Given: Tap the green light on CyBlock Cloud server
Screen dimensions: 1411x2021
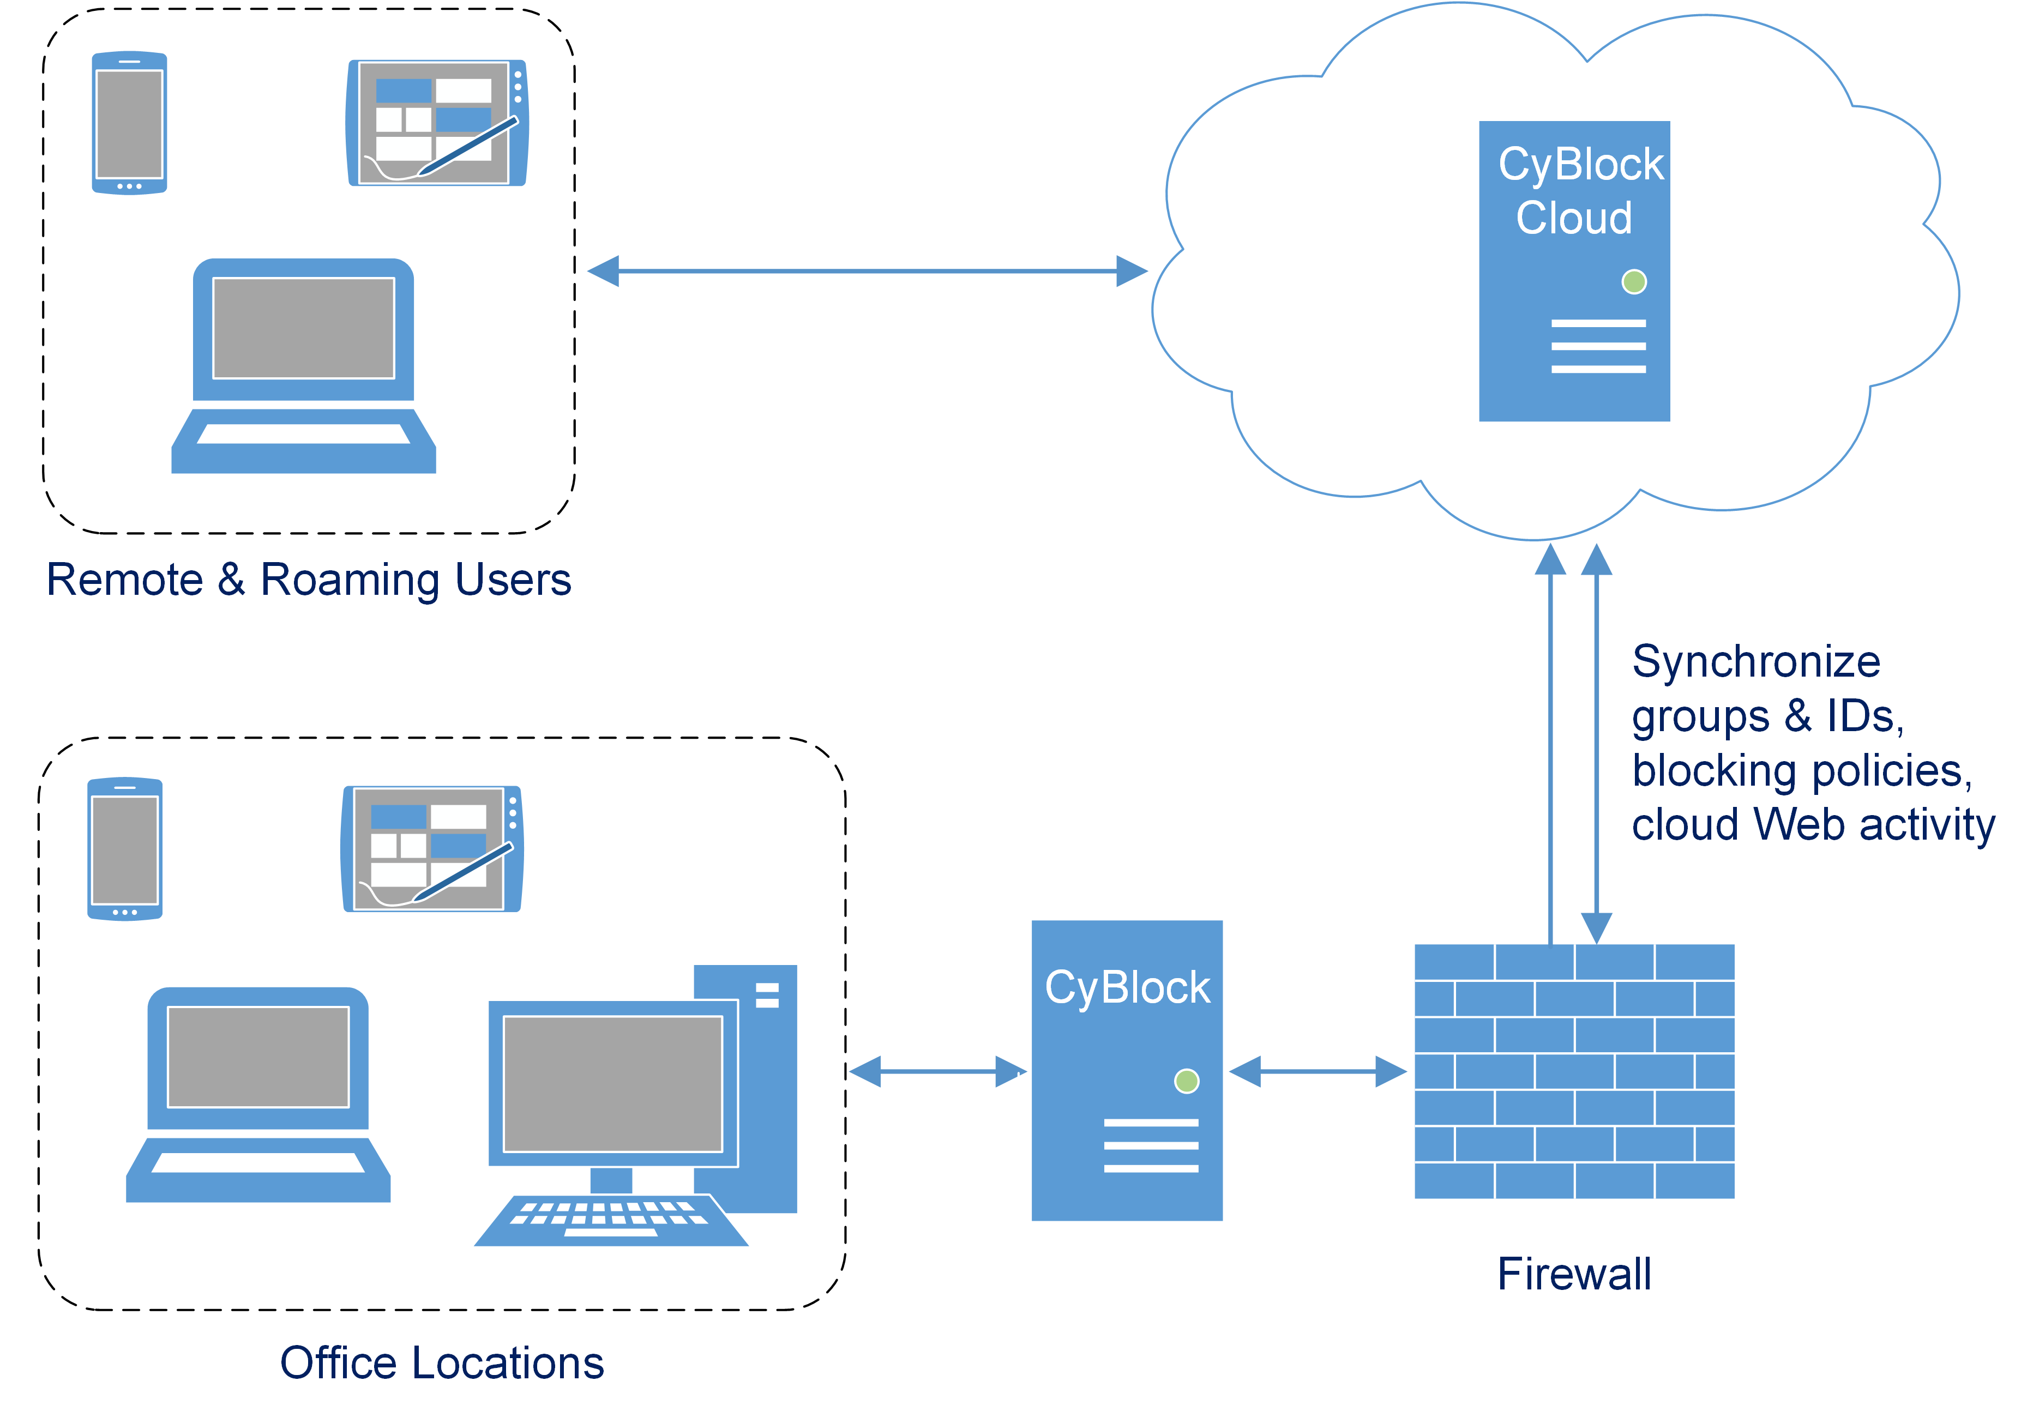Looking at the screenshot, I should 1634,282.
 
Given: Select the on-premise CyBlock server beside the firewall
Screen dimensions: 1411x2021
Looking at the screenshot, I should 1127,1144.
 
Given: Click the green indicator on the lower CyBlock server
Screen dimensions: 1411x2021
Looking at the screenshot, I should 1187,1081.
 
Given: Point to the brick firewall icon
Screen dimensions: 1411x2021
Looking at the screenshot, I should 1574,1071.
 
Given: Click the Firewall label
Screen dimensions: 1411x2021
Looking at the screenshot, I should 1574,1274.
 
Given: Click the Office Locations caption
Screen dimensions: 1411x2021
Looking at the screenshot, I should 442,1362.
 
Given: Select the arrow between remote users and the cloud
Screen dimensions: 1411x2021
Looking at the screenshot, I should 867,271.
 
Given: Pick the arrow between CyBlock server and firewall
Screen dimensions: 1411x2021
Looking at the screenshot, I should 1318,1071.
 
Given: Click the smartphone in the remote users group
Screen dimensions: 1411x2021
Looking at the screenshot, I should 129,123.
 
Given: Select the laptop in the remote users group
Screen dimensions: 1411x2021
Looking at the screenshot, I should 304,365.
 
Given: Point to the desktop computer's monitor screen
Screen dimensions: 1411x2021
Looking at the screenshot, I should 612,1083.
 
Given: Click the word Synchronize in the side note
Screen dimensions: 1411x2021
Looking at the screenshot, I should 1755,662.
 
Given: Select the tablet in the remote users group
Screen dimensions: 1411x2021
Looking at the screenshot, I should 437,123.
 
